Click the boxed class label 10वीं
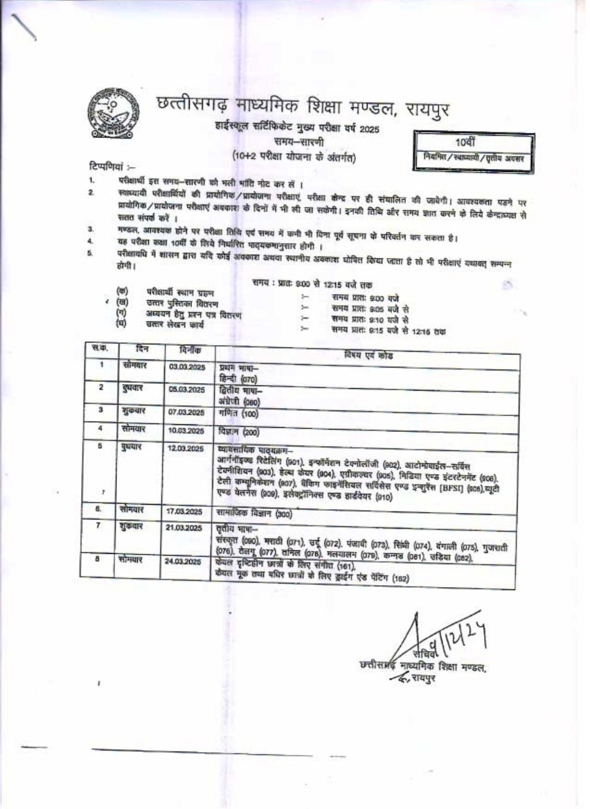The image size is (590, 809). pyautogui.click(x=470, y=141)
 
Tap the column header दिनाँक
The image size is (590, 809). pyautogui.click(x=189, y=350)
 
